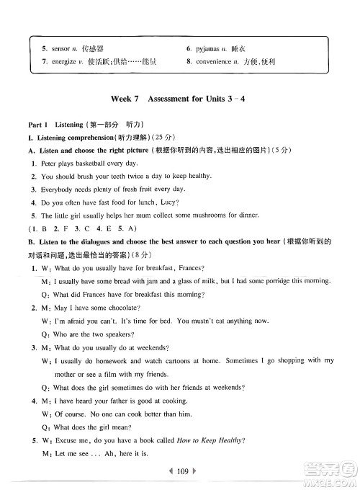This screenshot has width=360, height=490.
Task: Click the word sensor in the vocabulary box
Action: (x=62, y=48)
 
